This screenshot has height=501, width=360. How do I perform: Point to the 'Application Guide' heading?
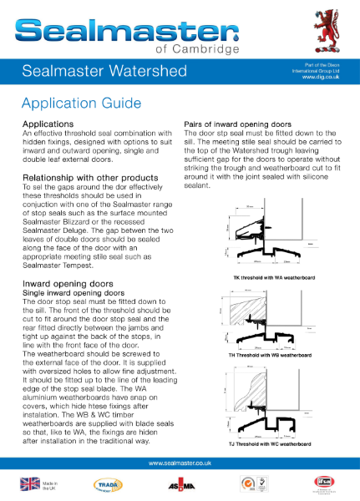click(x=76, y=104)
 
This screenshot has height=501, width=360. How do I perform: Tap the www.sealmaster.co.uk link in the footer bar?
click(x=179, y=463)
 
